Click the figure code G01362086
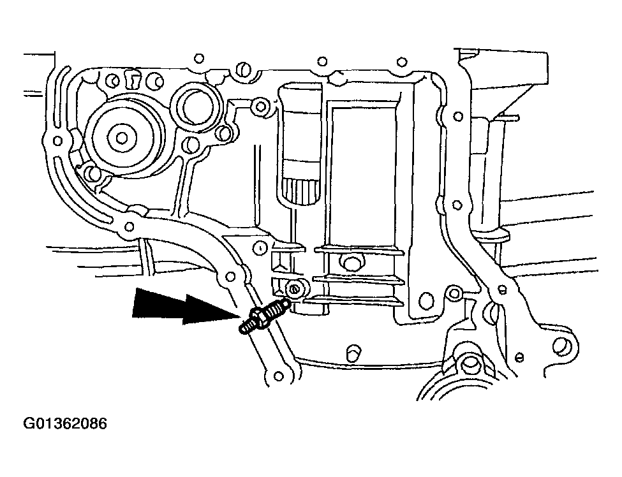[x=65, y=423]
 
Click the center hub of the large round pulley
[x=121, y=136]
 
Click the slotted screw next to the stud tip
[x=294, y=288]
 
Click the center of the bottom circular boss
[x=471, y=365]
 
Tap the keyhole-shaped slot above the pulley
[x=133, y=79]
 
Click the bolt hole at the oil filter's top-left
[x=258, y=106]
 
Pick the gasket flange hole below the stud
[x=278, y=375]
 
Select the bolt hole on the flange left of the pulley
[x=58, y=140]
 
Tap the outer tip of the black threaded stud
[x=243, y=329]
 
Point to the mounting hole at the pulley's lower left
[x=91, y=172]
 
